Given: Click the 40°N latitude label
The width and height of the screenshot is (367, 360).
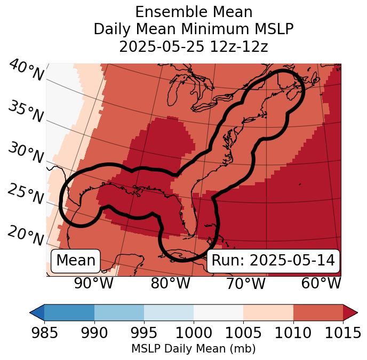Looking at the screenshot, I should (x=26, y=71).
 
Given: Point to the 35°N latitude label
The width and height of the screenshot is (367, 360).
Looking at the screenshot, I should (x=26, y=112).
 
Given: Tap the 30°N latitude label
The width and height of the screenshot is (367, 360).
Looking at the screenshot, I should (x=26, y=153).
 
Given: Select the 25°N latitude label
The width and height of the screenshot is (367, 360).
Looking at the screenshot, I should (x=26, y=194).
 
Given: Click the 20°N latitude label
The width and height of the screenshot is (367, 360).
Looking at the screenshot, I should (x=26, y=236).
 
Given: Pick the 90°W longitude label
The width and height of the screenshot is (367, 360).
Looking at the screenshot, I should (x=94, y=283).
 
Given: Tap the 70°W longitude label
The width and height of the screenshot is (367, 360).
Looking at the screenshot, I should (x=246, y=283).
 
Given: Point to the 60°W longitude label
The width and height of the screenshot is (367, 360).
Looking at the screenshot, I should (x=321, y=283).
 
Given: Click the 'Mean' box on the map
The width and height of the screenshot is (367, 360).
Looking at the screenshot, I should (x=76, y=261).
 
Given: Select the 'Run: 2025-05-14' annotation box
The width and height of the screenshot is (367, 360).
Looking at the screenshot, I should (x=273, y=261).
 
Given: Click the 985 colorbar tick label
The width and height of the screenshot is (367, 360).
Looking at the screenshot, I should (x=44, y=333).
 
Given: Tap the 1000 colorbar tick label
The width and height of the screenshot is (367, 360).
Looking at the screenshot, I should (x=194, y=333).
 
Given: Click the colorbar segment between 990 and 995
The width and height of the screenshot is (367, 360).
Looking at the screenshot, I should (x=119, y=312).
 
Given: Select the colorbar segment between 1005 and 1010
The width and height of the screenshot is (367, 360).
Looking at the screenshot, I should (x=268, y=312).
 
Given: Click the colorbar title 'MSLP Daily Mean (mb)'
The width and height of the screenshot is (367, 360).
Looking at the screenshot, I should (x=193, y=349).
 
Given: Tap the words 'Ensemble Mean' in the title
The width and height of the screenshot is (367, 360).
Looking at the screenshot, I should (x=194, y=12).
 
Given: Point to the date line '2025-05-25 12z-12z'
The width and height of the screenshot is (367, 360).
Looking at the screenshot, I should (x=194, y=46).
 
